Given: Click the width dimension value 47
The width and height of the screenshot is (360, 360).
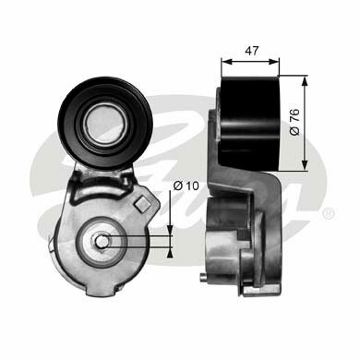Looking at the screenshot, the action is click(x=252, y=51).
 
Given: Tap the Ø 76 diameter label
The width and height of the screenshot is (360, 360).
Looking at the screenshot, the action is click(x=294, y=122).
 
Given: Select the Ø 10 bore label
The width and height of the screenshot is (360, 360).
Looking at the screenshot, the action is click(x=186, y=186).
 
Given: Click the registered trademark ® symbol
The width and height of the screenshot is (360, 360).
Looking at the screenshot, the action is click(x=329, y=213).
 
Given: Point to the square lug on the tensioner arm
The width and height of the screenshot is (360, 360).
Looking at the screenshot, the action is click(x=142, y=204).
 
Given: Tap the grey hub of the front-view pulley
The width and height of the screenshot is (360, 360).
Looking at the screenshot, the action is click(x=104, y=122).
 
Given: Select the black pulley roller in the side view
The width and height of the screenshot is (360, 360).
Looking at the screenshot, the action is click(x=250, y=123).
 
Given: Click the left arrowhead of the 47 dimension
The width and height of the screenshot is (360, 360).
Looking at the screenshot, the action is click(x=226, y=61).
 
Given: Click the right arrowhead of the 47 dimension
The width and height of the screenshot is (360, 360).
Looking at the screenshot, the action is click(x=274, y=61).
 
